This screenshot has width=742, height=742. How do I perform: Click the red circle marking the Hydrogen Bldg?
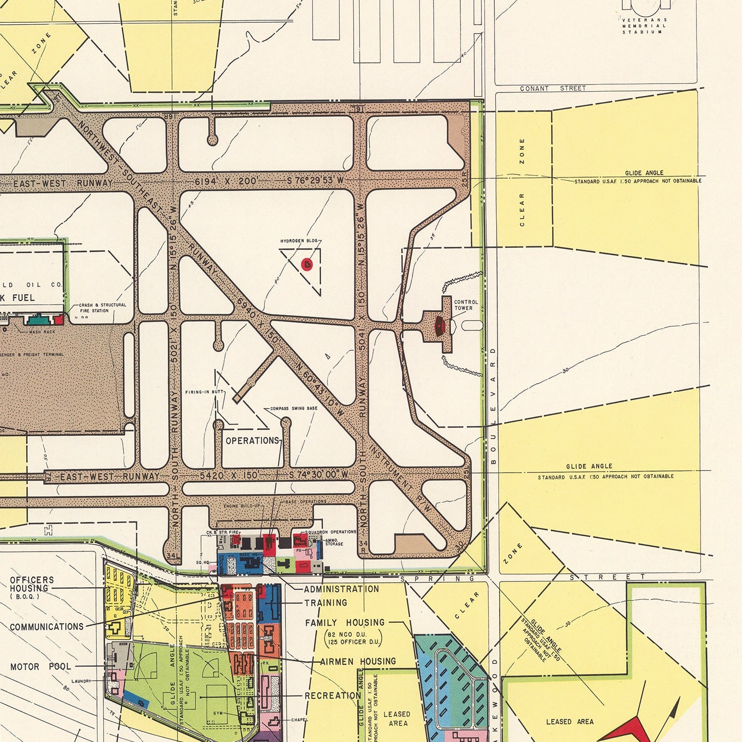click(307, 264)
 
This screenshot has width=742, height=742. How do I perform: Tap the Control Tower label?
click(465, 305)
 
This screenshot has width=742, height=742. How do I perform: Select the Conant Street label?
click(553, 89)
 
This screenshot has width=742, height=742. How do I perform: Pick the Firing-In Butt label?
click(205, 392)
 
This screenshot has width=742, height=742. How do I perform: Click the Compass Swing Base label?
click(294, 409)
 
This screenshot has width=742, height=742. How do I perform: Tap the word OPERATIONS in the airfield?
click(252, 440)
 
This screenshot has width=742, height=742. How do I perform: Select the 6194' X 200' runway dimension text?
click(226, 181)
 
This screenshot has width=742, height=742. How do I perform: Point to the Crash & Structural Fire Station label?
click(102, 308)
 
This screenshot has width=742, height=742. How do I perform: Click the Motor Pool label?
click(41, 667)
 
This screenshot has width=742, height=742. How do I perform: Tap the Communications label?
click(46, 627)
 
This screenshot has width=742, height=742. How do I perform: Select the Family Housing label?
click(345, 622)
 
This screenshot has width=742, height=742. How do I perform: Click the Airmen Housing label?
click(358, 661)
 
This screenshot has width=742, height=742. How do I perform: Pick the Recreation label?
click(332, 696)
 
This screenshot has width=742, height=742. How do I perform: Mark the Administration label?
click(341, 589)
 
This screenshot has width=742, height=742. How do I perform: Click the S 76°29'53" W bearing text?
click(315, 181)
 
